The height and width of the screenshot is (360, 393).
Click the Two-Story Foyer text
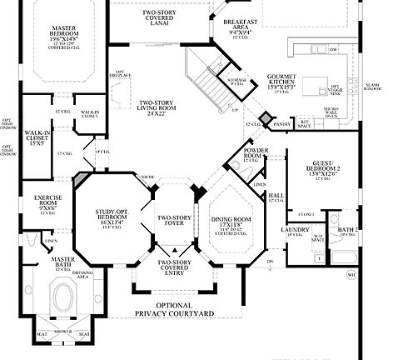pyautogui.click(x=174, y=220)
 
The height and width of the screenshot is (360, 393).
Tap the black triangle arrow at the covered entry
pyautogui.click(x=174, y=251)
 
